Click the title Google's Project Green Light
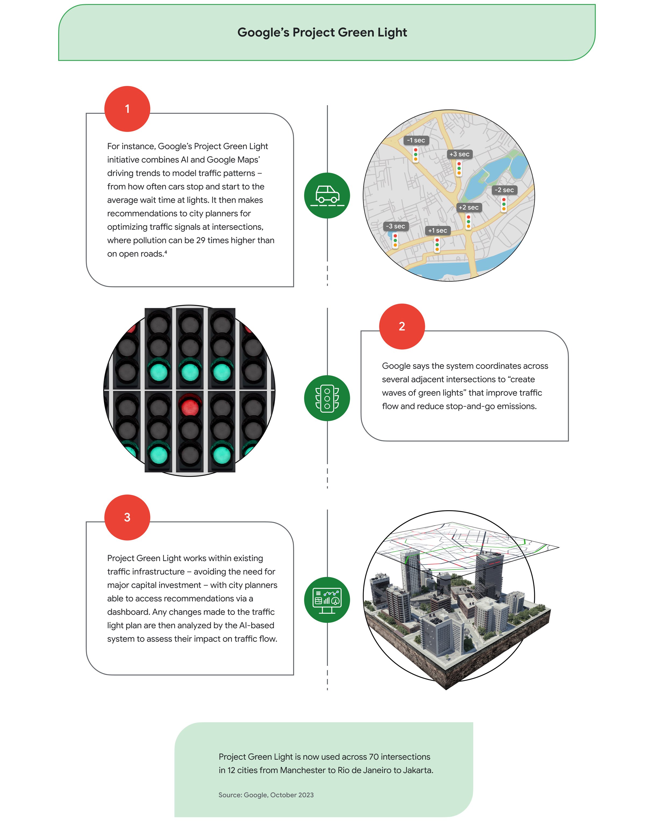[322, 33]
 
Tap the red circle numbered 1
[127, 109]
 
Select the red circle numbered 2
[402, 326]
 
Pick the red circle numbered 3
[127, 517]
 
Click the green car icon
[327, 196]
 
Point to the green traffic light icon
[327, 398]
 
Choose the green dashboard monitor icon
[327, 600]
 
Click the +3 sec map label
[459, 154]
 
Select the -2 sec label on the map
[504, 190]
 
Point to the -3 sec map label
[395, 226]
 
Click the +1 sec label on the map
[437, 230]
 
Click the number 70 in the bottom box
[374, 757]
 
